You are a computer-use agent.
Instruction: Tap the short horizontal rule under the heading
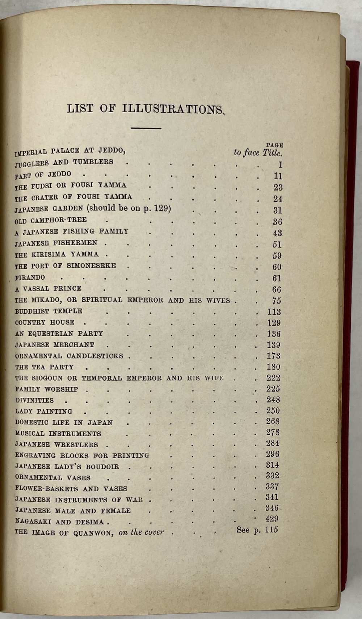[x=146, y=128]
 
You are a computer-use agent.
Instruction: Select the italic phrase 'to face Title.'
[x=258, y=152]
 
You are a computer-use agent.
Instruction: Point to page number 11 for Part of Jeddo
[x=278, y=176]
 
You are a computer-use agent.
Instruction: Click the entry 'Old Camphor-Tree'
[x=51, y=220]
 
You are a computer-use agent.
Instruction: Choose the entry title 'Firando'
[x=30, y=278]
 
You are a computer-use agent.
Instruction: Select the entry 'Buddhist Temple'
[x=49, y=311]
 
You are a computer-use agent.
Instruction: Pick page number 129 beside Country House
[x=274, y=323]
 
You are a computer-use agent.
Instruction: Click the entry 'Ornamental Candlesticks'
[x=69, y=356]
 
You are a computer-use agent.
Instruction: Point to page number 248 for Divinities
[x=273, y=400]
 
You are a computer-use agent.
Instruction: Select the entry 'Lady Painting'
[x=44, y=411]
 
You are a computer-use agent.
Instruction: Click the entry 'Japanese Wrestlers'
[x=56, y=444]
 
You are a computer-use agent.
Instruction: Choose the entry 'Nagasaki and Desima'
[x=59, y=522]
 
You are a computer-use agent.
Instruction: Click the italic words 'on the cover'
[x=141, y=532]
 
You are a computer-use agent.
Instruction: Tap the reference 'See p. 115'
[x=257, y=530]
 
